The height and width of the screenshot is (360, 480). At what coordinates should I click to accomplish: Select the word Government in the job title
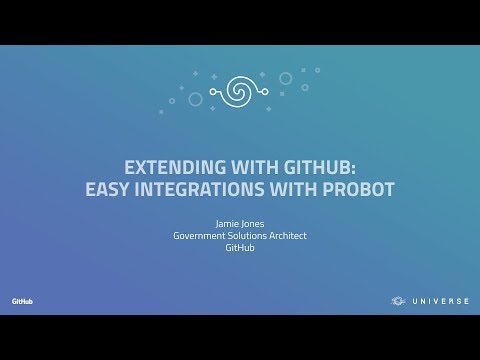pos(198,236)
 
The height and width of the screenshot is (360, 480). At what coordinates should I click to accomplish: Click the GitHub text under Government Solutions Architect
pos(240,248)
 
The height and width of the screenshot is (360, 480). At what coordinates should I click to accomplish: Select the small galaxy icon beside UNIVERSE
pos(398,301)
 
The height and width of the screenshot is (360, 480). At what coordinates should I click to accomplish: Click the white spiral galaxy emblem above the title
pos(241,90)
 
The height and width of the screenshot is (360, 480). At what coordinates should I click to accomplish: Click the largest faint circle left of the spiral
pos(195,99)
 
